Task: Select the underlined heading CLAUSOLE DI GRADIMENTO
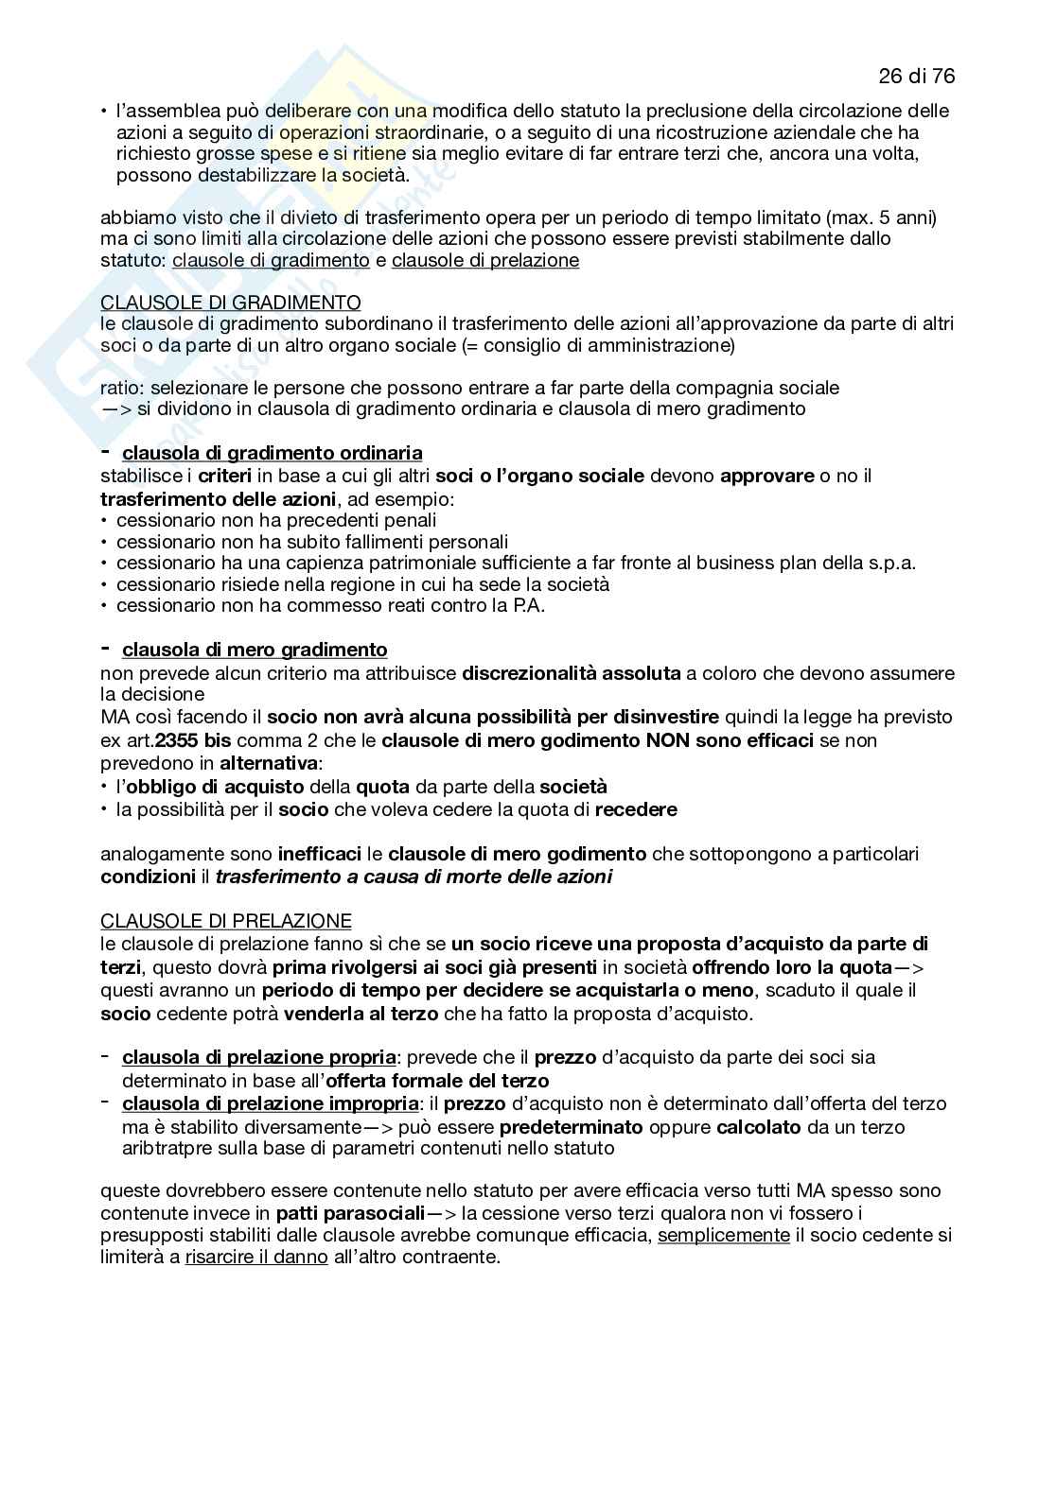point(230,303)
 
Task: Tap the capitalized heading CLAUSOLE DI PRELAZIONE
point(225,920)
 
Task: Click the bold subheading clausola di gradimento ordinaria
point(273,453)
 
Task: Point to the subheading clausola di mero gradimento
point(255,650)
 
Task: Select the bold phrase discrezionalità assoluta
point(572,674)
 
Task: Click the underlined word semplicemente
point(724,1235)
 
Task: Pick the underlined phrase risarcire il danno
point(256,1258)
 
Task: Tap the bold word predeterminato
point(572,1127)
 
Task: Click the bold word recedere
point(636,809)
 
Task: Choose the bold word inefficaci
point(320,854)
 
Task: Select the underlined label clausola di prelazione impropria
point(270,1103)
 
